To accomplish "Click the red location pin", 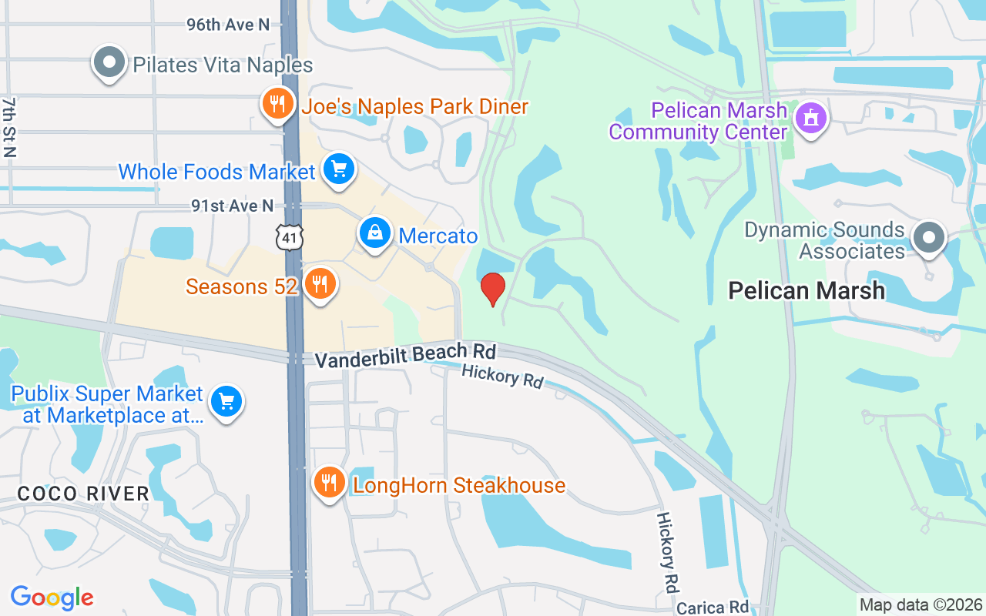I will [x=493, y=290].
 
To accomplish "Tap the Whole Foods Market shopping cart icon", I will [x=338, y=169].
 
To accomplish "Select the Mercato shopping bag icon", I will [x=375, y=233].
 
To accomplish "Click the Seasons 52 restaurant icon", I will [x=319, y=284].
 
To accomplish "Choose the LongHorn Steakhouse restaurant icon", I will [x=329, y=483].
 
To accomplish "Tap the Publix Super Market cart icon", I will [x=226, y=402].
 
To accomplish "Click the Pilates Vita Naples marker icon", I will [x=109, y=62].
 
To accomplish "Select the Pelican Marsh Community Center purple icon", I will [x=810, y=119].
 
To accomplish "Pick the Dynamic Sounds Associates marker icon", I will [x=928, y=238].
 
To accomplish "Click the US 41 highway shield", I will [x=290, y=237].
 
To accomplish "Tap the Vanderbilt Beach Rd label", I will [x=405, y=356].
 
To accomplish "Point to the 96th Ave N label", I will [x=228, y=25].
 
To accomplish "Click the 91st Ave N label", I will [x=233, y=206].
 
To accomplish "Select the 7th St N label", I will [x=9, y=127].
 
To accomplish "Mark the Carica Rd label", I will [x=713, y=608].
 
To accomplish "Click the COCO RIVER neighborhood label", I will [x=83, y=494].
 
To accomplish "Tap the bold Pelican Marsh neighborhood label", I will [x=807, y=290].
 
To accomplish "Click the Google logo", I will [x=52, y=597].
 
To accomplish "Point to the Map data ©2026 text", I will [x=921, y=605].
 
